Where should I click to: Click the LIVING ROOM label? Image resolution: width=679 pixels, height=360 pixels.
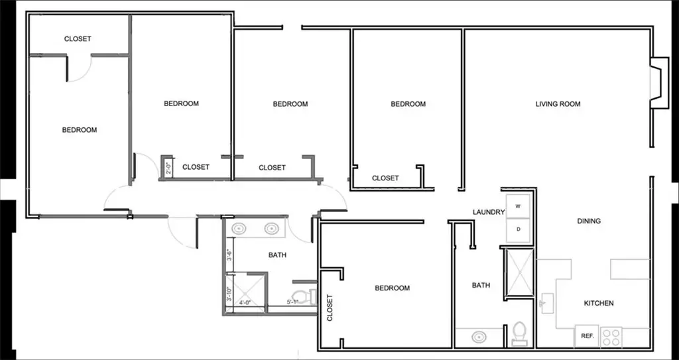[558, 104]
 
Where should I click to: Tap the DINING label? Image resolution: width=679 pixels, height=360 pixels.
[589, 221]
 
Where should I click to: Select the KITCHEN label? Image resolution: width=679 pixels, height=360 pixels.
[598, 303]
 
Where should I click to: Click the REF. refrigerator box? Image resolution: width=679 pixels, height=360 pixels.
[587, 336]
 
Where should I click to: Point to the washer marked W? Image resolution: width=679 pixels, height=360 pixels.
[519, 206]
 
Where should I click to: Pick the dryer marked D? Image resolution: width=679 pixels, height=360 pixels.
[519, 229]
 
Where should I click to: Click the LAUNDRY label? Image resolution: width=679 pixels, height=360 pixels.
[489, 212]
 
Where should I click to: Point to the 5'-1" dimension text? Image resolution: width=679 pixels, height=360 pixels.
[292, 303]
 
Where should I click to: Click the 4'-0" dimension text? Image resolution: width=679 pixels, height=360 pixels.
[245, 303]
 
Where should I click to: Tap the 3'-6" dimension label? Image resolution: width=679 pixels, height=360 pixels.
[228, 255]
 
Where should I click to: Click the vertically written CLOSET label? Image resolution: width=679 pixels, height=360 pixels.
[330, 308]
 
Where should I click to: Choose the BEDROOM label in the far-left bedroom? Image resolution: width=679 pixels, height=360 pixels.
[79, 130]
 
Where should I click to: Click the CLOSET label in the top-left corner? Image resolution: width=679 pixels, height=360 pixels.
[78, 39]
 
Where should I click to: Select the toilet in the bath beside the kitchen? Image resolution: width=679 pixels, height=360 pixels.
[520, 332]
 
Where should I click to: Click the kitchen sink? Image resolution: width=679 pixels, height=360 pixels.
[548, 304]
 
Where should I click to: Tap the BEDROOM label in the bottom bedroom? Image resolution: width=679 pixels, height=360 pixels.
[392, 288]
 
